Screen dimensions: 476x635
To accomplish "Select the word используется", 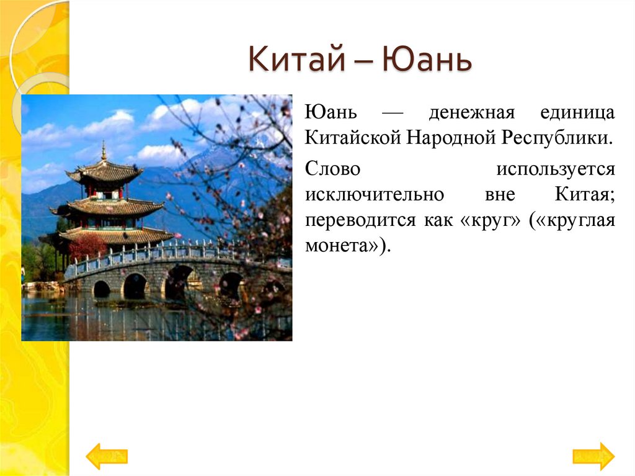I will coord(555,169).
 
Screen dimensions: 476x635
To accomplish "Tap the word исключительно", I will coord(374,194).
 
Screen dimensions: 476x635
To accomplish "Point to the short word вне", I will coord(498,194).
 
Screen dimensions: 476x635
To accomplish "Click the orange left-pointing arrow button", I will coord(106,456).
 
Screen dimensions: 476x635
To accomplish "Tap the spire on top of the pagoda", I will coord(104,151).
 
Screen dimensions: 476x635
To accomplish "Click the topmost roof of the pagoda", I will coord(104,171).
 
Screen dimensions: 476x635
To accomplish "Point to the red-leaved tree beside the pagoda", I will coord(86,246).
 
